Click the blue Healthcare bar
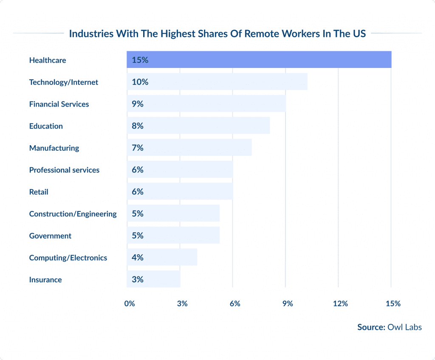tap(259, 60)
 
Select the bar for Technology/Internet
tap(217, 82)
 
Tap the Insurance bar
tap(153, 279)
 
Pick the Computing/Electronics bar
tap(162, 258)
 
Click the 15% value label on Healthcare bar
tap(140, 60)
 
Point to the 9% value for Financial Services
tap(138, 104)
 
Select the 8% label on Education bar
tap(138, 126)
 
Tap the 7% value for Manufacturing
tap(138, 148)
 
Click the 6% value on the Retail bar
tap(138, 192)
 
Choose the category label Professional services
tap(64, 170)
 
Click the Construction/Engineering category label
tap(73, 214)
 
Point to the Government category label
tap(50, 236)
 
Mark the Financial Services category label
tap(59, 104)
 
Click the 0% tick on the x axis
tap(130, 304)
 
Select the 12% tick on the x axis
tap(340, 304)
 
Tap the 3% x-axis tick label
tap(182, 304)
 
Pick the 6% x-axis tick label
tap(235, 304)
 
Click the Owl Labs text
tap(405, 327)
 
